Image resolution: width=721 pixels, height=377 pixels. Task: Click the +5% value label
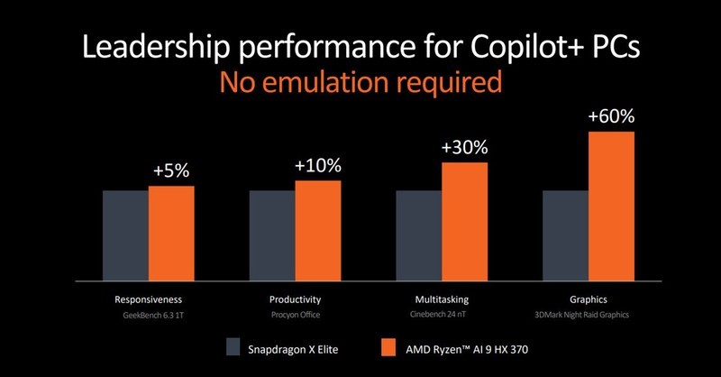(171, 170)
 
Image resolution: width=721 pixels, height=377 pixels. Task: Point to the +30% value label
(464, 147)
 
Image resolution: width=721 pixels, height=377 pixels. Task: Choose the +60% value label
(611, 116)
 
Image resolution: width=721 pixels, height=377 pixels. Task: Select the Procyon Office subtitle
(296, 316)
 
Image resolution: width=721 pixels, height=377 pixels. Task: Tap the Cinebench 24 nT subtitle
(442, 316)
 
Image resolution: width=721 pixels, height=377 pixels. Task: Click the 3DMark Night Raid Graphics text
(588, 316)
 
